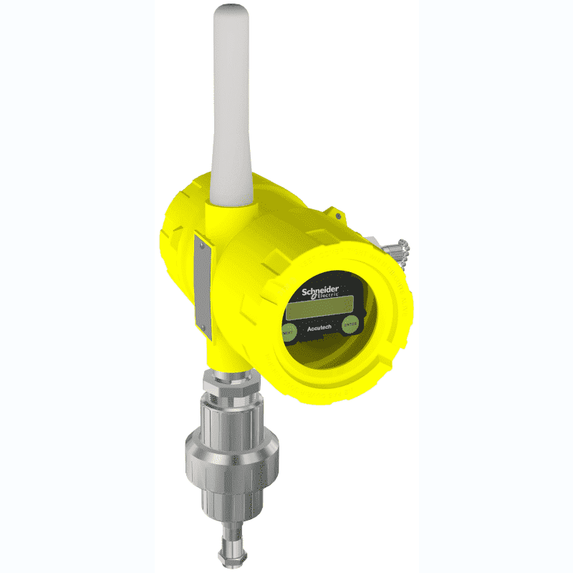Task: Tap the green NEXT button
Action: coord(289,332)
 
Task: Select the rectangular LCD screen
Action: coord(315,310)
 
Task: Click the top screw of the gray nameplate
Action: coord(201,243)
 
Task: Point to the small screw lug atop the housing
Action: coord(337,213)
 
